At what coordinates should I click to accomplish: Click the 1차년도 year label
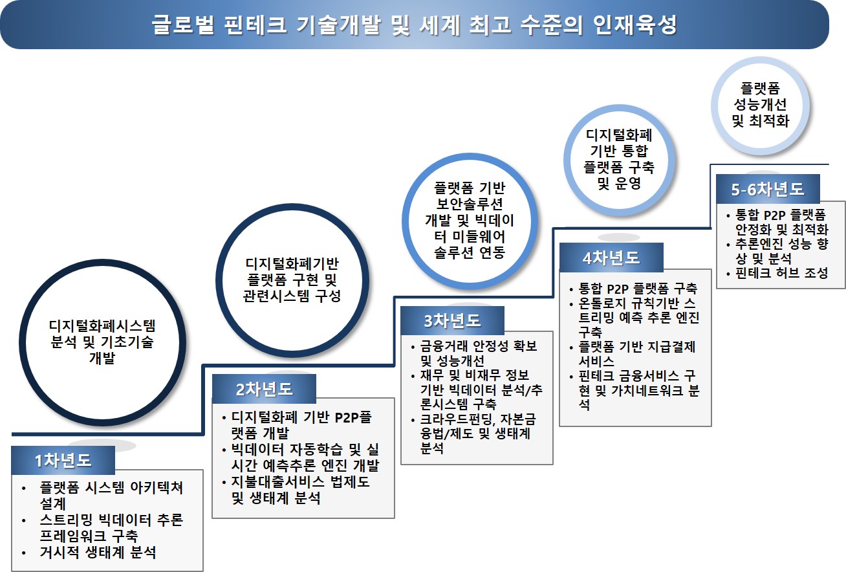tap(63, 460)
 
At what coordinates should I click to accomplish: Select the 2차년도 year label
tap(264, 389)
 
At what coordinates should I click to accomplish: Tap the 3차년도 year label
tap(453, 320)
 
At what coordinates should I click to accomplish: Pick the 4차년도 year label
tap(611, 258)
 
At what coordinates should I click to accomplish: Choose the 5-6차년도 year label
tap(768, 189)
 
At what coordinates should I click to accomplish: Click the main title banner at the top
tap(415, 25)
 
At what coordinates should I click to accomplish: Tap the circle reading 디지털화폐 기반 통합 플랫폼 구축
tap(619, 159)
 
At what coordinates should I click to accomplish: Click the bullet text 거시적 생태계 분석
tap(98, 553)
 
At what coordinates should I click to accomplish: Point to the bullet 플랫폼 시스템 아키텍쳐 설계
tap(110, 495)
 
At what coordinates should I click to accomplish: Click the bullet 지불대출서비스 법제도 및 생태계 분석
tap(299, 490)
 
